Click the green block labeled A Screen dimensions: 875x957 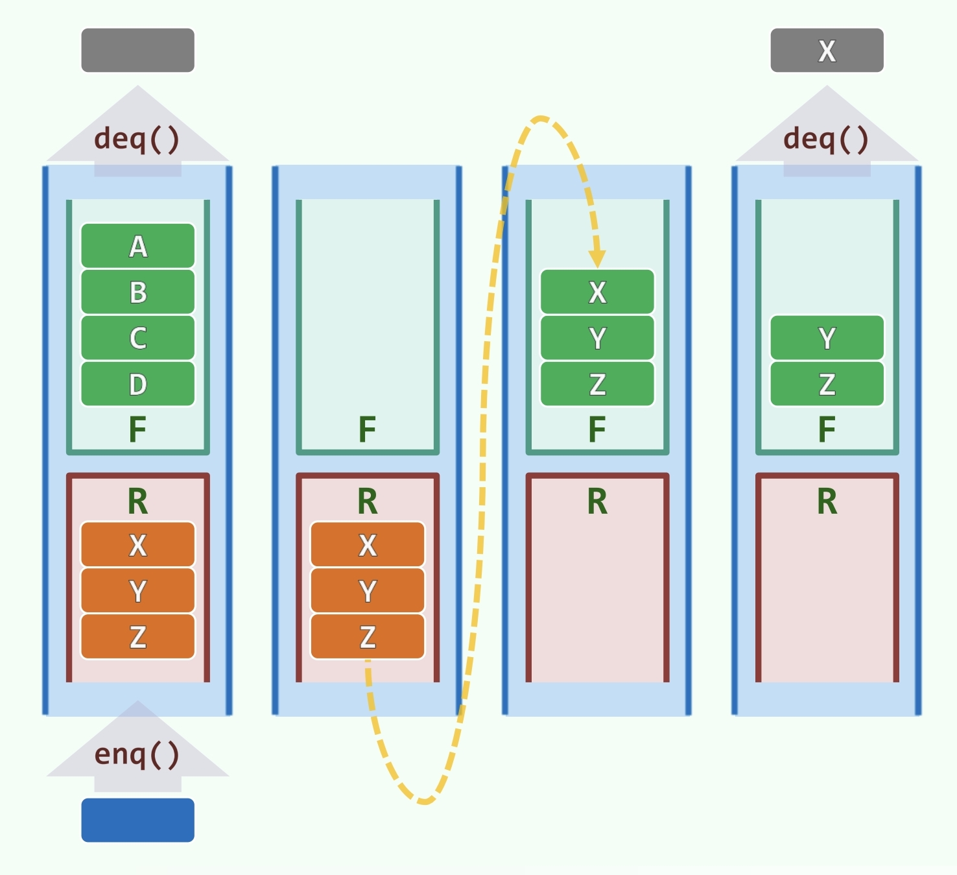(x=137, y=246)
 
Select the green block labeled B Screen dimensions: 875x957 (x=137, y=292)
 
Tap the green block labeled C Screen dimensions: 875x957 (x=137, y=338)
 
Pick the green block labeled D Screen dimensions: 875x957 (x=137, y=384)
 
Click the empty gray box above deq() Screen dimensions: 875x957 (x=137, y=51)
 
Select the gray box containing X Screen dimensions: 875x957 (x=827, y=51)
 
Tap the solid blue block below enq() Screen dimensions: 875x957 (x=137, y=820)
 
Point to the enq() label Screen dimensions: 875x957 (x=137, y=754)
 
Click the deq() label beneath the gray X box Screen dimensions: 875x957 (x=826, y=139)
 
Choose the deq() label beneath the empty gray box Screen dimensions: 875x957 (x=137, y=139)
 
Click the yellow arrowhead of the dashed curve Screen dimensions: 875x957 (x=597, y=259)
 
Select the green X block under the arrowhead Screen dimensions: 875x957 (x=597, y=292)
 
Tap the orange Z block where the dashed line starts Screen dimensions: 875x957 (x=368, y=636)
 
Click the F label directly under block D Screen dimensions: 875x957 (x=137, y=429)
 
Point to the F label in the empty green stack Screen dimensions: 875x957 (x=368, y=429)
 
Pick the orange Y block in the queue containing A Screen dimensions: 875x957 (x=137, y=590)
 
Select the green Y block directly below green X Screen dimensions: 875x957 (x=597, y=338)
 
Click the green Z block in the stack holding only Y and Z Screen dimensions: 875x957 (x=827, y=384)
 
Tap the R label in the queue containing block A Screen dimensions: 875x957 (x=137, y=501)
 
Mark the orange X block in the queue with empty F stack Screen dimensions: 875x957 (x=368, y=545)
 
